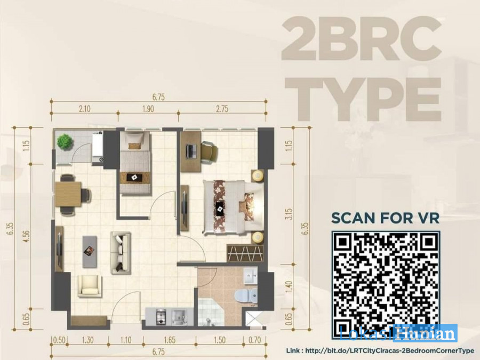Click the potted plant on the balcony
point(65,141)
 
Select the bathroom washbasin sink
point(251,276)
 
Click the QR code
point(386,285)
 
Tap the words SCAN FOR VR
point(385,218)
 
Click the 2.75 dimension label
point(222,109)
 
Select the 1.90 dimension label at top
point(148,109)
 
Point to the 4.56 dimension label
point(27,236)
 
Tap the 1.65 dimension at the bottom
point(169,340)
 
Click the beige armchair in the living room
point(90,286)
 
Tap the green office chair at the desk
point(209,152)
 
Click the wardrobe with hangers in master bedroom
point(245,253)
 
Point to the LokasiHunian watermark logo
point(398,333)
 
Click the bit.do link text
point(380,351)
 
